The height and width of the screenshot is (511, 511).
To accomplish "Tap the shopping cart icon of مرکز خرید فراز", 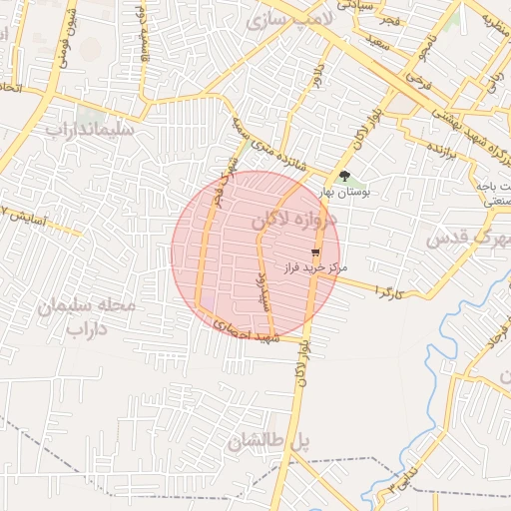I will click(316, 254).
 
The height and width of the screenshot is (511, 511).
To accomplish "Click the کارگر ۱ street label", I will click(388, 290).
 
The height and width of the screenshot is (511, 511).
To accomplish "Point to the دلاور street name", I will click(317, 76).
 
